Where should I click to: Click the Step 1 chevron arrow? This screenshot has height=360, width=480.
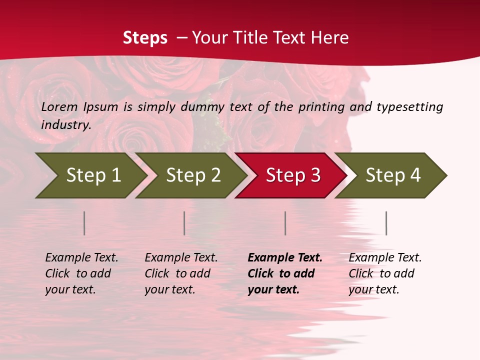pyautogui.click(x=92, y=175)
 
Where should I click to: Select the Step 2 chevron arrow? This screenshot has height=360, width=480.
pyautogui.click(x=192, y=175)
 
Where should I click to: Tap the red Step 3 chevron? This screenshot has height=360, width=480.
pyautogui.click(x=292, y=175)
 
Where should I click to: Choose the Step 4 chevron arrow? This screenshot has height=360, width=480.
pyautogui.click(x=392, y=175)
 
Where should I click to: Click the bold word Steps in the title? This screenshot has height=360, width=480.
pyautogui.click(x=145, y=38)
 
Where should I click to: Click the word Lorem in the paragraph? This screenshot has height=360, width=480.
pyautogui.click(x=59, y=107)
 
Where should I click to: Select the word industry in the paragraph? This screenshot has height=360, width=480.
pyautogui.click(x=66, y=125)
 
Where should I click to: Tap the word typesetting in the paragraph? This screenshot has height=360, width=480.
pyautogui.click(x=409, y=107)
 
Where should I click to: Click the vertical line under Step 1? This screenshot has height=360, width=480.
pyautogui.click(x=84, y=223)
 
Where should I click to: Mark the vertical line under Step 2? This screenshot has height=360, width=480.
pyautogui.click(x=184, y=223)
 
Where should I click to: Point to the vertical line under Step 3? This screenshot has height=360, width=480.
pyautogui.click(x=285, y=223)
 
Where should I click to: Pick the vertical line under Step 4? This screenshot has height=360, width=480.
pyautogui.click(x=386, y=223)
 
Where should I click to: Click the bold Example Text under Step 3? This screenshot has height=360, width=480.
pyautogui.click(x=285, y=258)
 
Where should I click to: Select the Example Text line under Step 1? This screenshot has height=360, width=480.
pyautogui.click(x=81, y=258)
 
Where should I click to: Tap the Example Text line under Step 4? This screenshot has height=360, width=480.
pyautogui.click(x=385, y=258)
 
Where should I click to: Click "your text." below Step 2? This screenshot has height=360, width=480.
pyautogui.click(x=170, y=289)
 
